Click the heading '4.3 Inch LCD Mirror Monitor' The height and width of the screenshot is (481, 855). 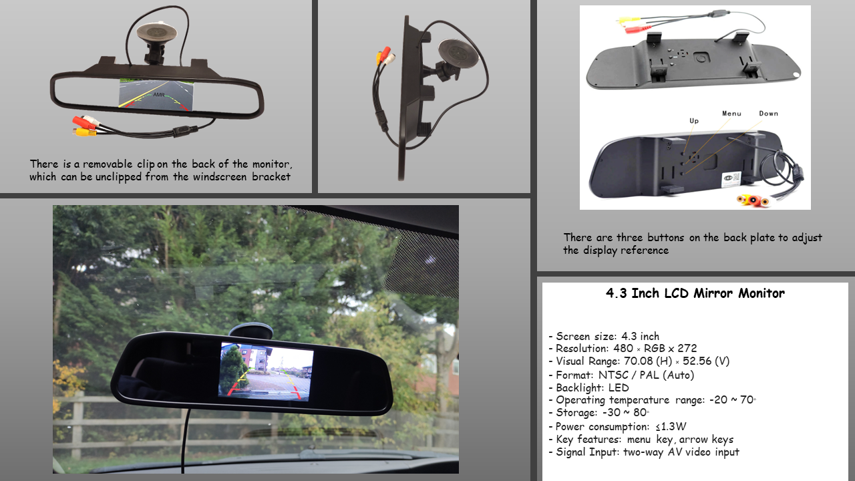tap(695, 293)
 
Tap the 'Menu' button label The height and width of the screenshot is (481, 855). tap(731, 114)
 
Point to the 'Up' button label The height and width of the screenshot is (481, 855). tap(694, 121)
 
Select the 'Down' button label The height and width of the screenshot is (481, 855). tap(768, 114)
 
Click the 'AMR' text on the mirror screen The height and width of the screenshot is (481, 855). tap(159, 95)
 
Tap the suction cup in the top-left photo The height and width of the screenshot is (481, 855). tap(156, 32)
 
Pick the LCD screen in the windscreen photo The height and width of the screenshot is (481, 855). tap(266, 371)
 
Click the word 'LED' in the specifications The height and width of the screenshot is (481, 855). tap(619, 388)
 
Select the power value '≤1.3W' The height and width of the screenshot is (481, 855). tap(671, 426)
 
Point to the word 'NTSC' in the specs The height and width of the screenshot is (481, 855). tap(613, 375)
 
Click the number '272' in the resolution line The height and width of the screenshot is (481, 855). tap(687, 348)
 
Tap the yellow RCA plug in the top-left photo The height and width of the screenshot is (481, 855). tap(85, 132)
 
